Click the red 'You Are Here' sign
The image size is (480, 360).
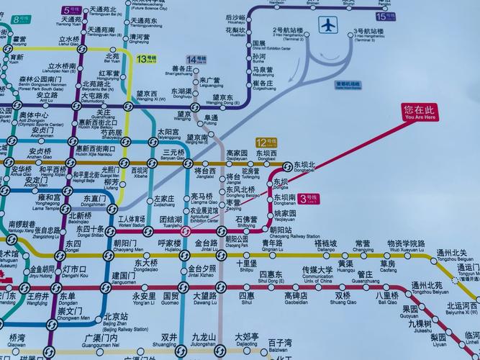[x=420, y=112]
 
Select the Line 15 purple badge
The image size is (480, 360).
[x=386, y=15]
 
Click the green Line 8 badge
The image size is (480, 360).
[x=19, y=19]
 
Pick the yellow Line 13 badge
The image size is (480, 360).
[x=147, y=58]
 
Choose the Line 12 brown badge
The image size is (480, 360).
[x=266, y=143]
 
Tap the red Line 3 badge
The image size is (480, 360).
[x=308, y=197]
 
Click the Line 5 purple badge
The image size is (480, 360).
[x=71, y=10]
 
